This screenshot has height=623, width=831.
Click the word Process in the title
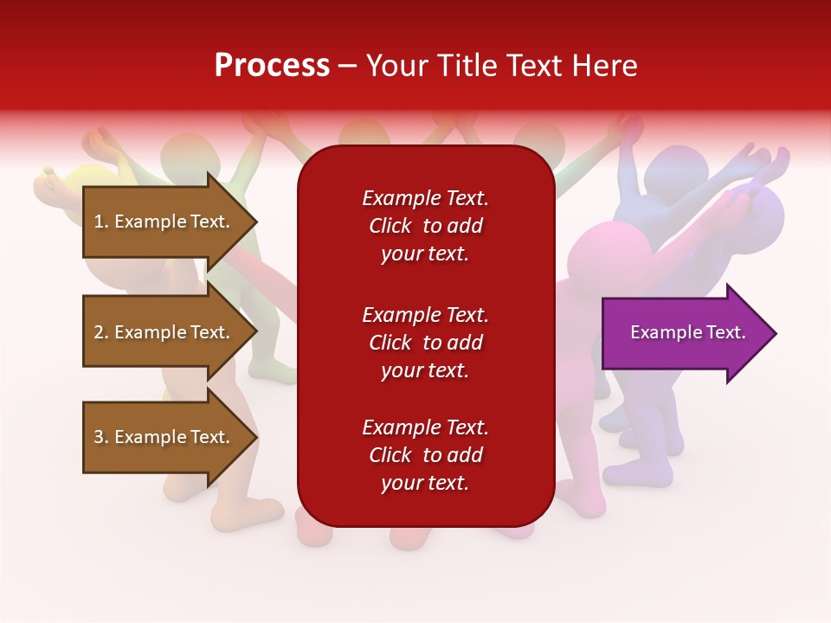point(272,65)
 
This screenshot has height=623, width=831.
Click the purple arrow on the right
point(684,333)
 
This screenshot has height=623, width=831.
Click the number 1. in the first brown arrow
point(100,222)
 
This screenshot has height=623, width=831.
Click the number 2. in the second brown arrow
point(100,332)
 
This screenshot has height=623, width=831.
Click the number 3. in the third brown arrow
point(100,437)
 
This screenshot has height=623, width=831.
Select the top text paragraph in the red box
point(425,226)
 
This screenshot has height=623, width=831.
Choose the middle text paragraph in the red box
point(425,343)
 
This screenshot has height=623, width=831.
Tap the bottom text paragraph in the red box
point(425,455)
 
